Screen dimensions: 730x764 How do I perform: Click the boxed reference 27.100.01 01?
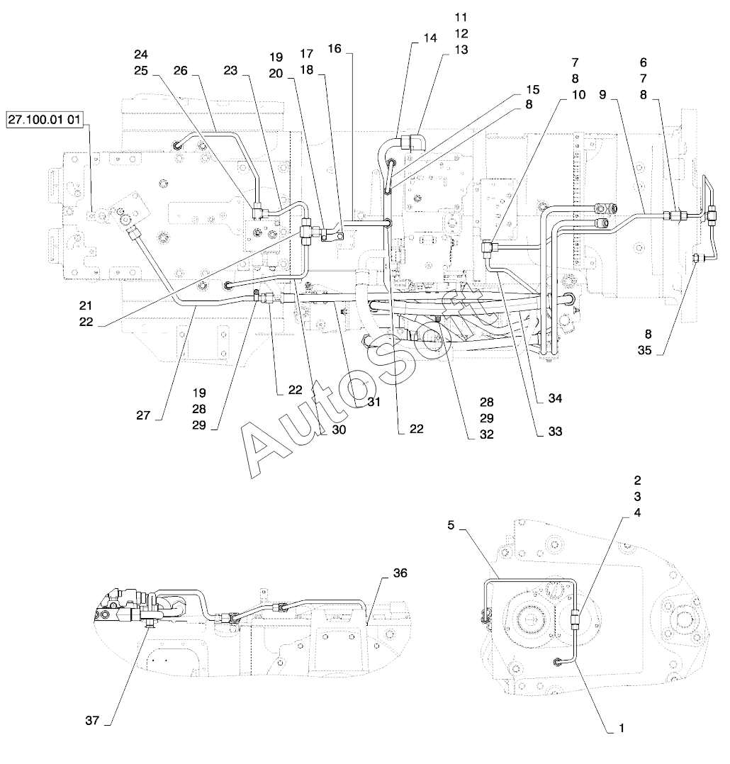click(44, 120)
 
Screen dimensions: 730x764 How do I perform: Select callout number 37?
click(92, 720)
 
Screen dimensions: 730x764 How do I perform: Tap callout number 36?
click(400, 573)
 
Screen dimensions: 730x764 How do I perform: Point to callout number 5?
click(451, 525)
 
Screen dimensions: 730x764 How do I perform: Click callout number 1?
click(622, 729)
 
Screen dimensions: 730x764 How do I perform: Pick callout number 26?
click(180, 71)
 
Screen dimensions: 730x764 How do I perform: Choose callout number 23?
click(230, 71)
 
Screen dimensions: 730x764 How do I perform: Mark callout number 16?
click(335, 49)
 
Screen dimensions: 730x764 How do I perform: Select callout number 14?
click(430, 38)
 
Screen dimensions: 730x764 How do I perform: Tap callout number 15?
click(533, 89)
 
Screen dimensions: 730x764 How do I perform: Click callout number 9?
click(603, 94)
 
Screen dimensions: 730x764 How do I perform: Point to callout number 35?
click(644, 350)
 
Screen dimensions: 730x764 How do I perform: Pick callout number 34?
click(555, 398)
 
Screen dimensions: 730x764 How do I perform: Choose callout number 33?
click(555, 431)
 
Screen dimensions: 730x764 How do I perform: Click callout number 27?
click(143, 415)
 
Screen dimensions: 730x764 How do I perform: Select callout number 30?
click(339, 429)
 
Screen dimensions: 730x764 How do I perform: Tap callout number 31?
click(374, 402)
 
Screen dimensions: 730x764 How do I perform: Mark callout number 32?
click(487, 434)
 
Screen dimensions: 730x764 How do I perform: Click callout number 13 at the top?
click(461, 50)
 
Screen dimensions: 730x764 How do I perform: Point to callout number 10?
click(578, 94)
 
